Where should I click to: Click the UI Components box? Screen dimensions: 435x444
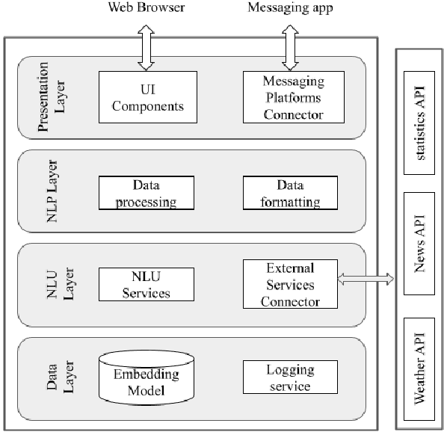148,97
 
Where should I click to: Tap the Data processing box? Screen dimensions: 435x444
148,194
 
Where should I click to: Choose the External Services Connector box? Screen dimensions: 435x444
290,284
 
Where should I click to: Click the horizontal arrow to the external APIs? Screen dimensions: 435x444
366,279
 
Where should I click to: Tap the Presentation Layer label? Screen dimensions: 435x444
52,97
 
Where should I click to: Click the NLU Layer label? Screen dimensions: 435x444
52,284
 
